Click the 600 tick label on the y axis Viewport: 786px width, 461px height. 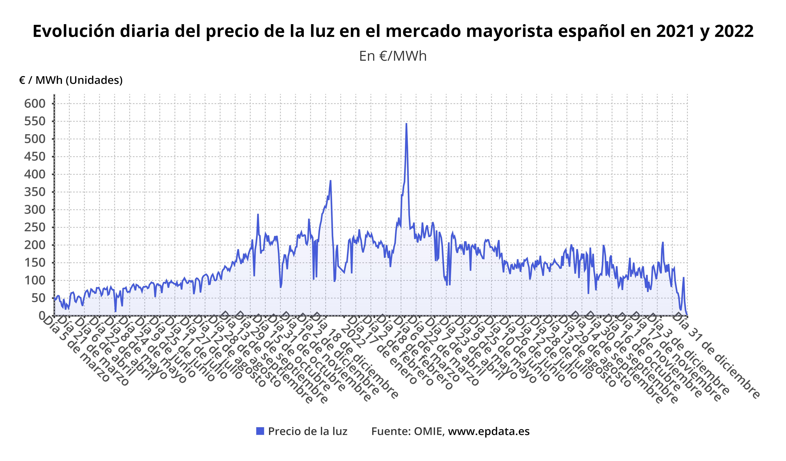click(x=35, y=103)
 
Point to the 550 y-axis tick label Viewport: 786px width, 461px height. click(x=35, y=121)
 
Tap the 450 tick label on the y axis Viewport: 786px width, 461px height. click(x=35, y=157)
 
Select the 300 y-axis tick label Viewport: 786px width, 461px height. click(x=35, y=210)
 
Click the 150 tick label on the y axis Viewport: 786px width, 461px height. click(x=35, y=263)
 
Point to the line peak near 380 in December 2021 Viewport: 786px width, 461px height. click(x=330, y=181)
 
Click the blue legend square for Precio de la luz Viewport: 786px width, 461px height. click(x=260, y=431)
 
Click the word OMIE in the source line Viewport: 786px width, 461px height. click(x=428, y=431)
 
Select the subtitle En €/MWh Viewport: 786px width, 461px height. click(x=393, y=56)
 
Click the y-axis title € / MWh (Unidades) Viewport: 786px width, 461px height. click(x=71, y=80)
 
